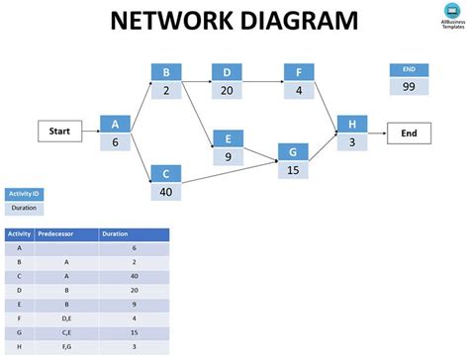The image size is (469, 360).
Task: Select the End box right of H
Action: tap(409, 132)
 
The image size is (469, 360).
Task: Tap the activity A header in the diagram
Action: tap(115, 124)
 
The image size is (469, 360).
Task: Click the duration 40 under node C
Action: tap(165, 191)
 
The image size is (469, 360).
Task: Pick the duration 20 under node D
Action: tap(227, 89)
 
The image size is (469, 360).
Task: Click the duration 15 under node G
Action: tap(293, 169)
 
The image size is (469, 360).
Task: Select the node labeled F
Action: tap(299, 72)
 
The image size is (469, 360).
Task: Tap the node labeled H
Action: tap(351, 124)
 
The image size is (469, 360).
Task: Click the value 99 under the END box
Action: tap(409, 87)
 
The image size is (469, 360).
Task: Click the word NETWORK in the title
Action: tap(166, 21)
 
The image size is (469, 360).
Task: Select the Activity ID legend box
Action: tap(24, 194)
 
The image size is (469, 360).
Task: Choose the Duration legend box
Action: tap(24, 208)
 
